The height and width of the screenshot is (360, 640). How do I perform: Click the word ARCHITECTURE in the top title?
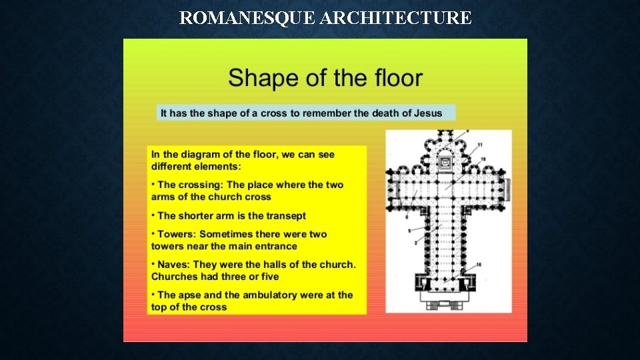pyautogui.click(x=395, y=18)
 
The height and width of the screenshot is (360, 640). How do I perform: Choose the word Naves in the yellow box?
pyautogui.click(x=174, y=265)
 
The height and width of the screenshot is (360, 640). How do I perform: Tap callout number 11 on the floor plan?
pyautogui.click(x=480, y=145)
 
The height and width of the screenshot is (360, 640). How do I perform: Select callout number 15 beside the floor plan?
pyautogui.click(x=483, y=159)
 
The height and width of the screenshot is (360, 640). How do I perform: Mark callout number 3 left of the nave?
pyautogui.click(x=415, y=243)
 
